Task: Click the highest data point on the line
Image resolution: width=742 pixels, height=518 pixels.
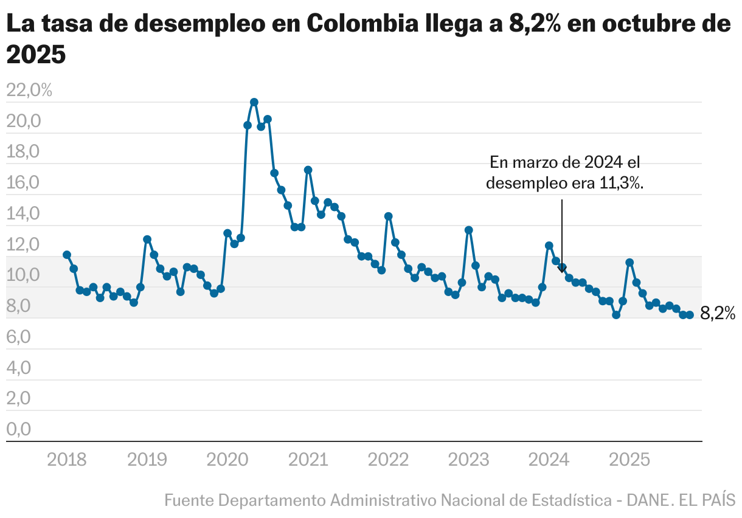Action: (x=254, y=102)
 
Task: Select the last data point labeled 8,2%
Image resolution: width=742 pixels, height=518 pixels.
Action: (x=690, y=314)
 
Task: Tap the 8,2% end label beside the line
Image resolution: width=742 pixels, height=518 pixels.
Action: (x=718, y=314)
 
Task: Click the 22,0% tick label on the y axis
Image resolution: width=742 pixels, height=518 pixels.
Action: (x=29, y=91)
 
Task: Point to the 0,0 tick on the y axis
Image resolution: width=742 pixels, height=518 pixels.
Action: (x=19, y=429)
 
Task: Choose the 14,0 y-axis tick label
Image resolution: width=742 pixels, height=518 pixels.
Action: (x=23, y=214)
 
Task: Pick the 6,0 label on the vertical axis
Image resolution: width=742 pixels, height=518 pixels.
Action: (x=19, y=337)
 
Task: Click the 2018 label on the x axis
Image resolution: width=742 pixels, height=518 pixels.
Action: (x=67, y=460)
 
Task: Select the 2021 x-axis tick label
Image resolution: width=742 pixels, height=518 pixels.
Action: (x=308, y=460)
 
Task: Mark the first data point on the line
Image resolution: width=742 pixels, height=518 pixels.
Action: (x=67, y=255)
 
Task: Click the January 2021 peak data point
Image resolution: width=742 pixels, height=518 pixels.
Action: (x=308, y=170)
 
